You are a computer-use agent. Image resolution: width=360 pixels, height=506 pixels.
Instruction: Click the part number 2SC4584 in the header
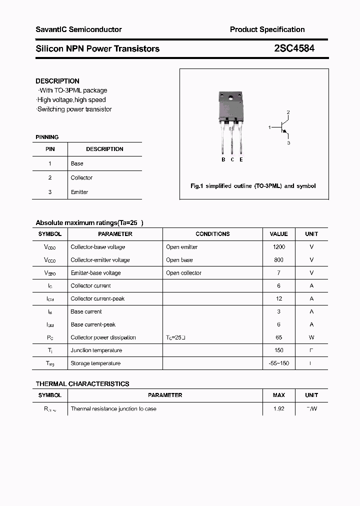pyautogui.click(x=294, y=48)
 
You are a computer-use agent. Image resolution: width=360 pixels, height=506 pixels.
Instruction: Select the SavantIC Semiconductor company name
pyautogui.click(x=78, y=29)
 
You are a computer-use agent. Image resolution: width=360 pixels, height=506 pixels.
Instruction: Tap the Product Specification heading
pyautogui.click(x=267, y=29)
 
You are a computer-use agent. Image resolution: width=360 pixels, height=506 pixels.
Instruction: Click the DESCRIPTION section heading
pyautogui.click(x=57, y=81)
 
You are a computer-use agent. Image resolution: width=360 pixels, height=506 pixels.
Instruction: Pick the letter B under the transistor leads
pyautogui.click(x=223, y=159)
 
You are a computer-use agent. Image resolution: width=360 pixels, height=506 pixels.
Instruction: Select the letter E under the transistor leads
pyautogui.click(x=241, y=159)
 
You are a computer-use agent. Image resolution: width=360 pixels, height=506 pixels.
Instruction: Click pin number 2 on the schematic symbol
pyautogui.click(x=288, y=112)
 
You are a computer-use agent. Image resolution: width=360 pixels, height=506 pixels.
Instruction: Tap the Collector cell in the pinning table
pyautogui.click(x=81, y=177)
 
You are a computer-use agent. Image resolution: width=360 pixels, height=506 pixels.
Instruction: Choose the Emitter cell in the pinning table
pyautogui.click(x=79, y=192)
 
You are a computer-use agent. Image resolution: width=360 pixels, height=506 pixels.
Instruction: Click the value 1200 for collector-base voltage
pyautogui.click(x=278, y=247)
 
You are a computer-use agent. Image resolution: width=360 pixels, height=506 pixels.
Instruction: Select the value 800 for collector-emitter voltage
pyautogui.click(x=278, y=260)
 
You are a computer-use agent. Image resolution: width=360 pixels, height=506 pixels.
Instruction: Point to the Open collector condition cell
pyautogui.click(x=183, y=273)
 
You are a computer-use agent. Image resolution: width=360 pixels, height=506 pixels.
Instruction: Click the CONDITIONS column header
pyautogui.click(x=212, y=234)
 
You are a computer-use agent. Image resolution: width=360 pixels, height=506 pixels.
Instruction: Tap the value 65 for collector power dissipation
pyautogui.click(x=278, y=337)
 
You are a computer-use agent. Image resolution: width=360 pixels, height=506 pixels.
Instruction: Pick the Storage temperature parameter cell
pyautogui.click(x=95, y=363)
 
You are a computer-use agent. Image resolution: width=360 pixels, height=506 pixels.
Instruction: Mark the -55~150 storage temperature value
pyautogui.click(x=278, y=363)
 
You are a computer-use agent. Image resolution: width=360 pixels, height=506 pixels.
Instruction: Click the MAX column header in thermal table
pyautogui.click(x=278, y=395)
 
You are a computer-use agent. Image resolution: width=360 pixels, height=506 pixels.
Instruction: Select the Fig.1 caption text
pyautogui.click(x=253, y=186)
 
